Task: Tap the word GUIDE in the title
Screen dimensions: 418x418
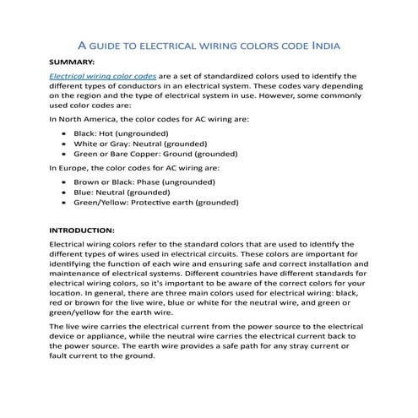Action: (x=111, y=43)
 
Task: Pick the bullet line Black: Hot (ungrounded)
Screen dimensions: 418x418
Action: (x=122, y=133)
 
